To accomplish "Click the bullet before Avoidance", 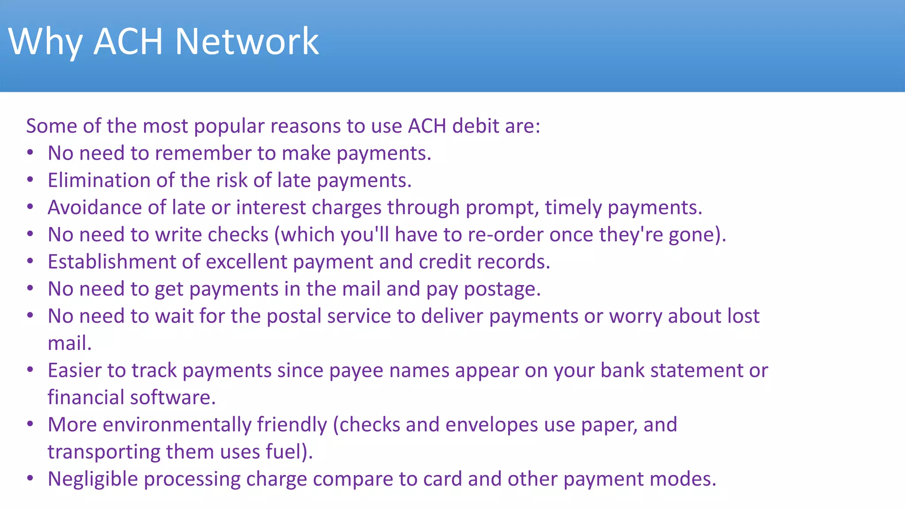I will click(x=30, y=207).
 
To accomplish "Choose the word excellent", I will click(x=247, y=262).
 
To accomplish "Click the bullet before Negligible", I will click(x=30, y=478).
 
